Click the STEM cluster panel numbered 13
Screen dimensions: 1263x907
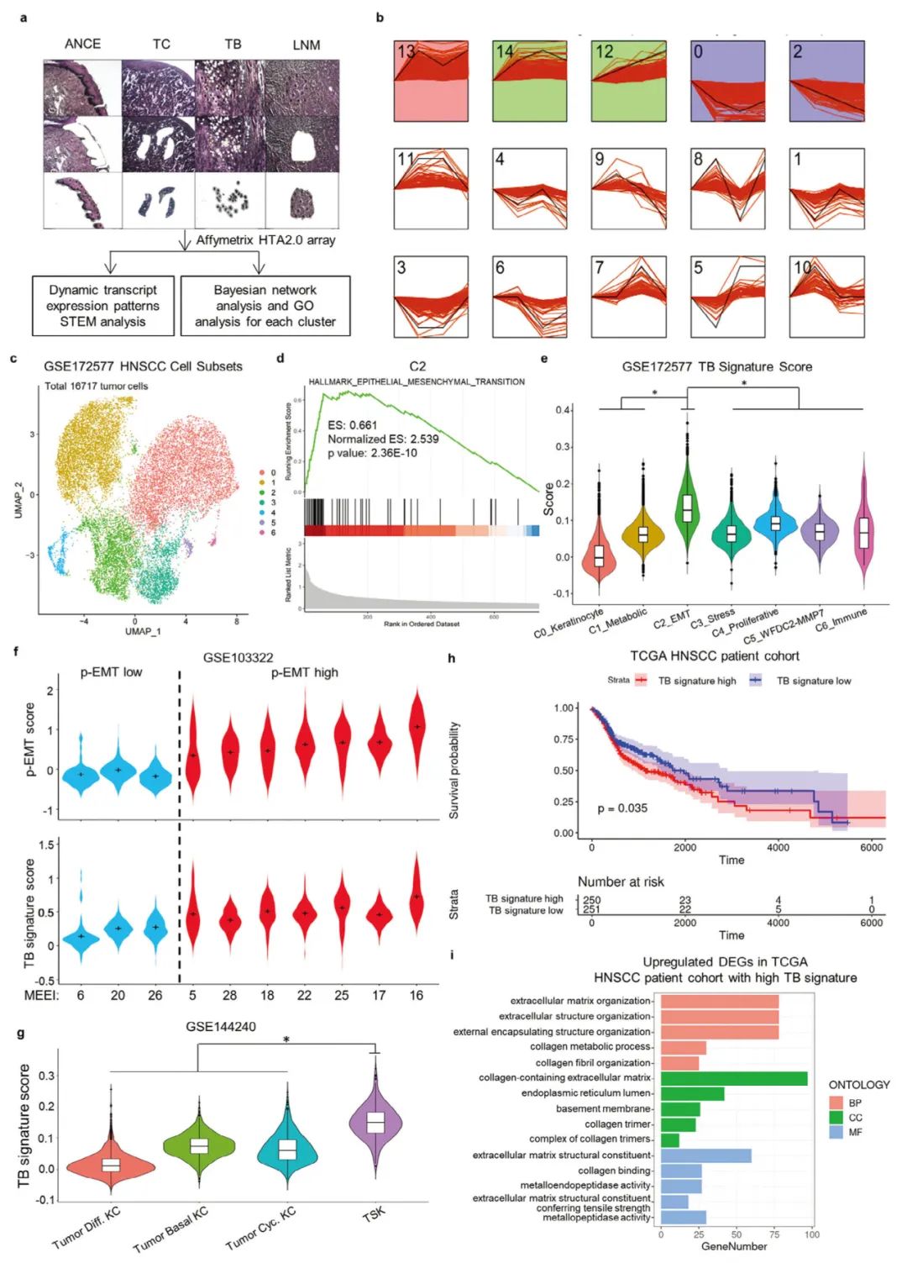point(431,81)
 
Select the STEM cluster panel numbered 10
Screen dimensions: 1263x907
point(826,297)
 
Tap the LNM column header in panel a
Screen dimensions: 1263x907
point(306,45)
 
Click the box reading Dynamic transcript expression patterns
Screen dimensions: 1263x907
point(102,306)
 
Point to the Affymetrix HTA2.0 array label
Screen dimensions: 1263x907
point(265,240)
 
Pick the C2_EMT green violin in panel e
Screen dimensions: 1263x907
point(687,508)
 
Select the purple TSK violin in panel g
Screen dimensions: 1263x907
point(375,1123)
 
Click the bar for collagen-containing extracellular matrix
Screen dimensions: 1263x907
point(734,1078)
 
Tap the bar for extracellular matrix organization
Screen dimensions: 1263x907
point(720,1001)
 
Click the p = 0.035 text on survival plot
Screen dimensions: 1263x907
point(622,808)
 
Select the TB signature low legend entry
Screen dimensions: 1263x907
point(812,681)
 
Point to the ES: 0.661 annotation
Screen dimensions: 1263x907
point(352,425)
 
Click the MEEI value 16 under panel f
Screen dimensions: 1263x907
point(417,995)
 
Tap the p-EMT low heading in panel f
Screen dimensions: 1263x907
point(111,672)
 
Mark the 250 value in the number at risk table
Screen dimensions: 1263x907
point(592,900)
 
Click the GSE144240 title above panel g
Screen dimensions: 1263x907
point(221,1026)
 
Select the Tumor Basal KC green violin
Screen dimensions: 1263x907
point(199,1146)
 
